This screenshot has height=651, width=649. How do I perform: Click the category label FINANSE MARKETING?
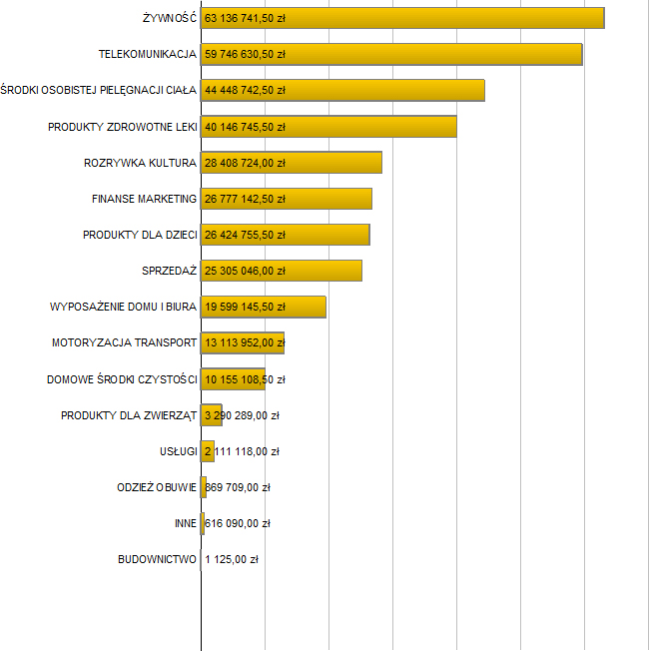click(x=144, y=199)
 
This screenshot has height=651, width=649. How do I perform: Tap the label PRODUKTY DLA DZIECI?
click(x=140, y=235)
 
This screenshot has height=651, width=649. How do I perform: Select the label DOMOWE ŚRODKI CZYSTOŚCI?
click(x=122, y=379)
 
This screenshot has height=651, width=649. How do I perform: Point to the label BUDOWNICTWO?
click(x=157, y=559)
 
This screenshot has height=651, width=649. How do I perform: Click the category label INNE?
click(x=185, y=523)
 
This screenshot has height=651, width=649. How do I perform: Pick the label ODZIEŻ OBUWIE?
click(x=157, y=487)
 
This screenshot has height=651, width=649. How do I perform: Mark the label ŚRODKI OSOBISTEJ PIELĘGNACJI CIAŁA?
click(x=99, y=90)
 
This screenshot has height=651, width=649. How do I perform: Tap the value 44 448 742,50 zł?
click(x=245, y=90)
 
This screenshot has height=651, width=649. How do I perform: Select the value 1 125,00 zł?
click(x=232, y=559)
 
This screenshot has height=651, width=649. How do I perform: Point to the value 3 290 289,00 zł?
click(x=242, y=415)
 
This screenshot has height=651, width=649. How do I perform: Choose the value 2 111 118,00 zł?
click(x=242, y=451)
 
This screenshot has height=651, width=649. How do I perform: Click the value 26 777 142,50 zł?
click(x=245, y=199)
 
